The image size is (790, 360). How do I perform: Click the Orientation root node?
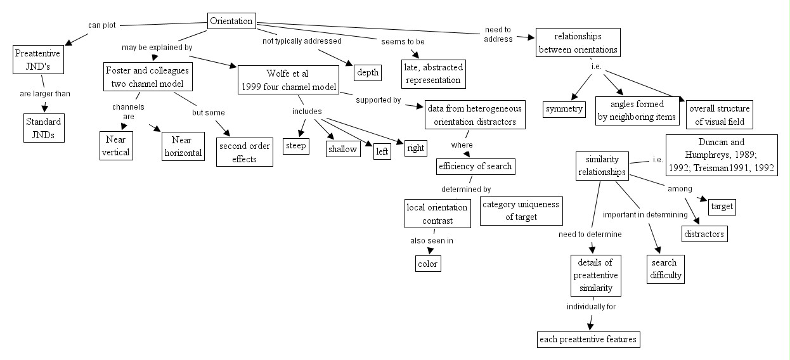point(231,21)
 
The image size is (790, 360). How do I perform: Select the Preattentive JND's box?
point(37,60)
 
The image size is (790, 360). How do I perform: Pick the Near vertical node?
point(116,146)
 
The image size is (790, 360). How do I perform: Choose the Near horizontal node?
point(183,146)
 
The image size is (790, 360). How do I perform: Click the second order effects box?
point(244,152)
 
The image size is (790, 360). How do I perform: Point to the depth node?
point(367,72)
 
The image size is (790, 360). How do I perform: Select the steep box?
point(295,146)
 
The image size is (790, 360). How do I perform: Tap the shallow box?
point(342,149)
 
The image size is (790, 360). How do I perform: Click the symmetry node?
point(564,109)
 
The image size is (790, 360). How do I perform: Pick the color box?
point(427,264)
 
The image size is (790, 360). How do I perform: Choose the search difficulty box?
point(665,269)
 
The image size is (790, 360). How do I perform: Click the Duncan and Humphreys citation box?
point(721,155)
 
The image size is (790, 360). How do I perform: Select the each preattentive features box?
point(587,339)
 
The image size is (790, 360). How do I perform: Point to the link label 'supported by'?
point(379,100)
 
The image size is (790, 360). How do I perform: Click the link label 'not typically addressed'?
point(302,41)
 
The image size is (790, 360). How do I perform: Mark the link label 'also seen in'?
point(431,240)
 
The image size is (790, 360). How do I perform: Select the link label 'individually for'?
point(591,307)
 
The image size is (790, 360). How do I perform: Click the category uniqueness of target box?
point(521,210)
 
